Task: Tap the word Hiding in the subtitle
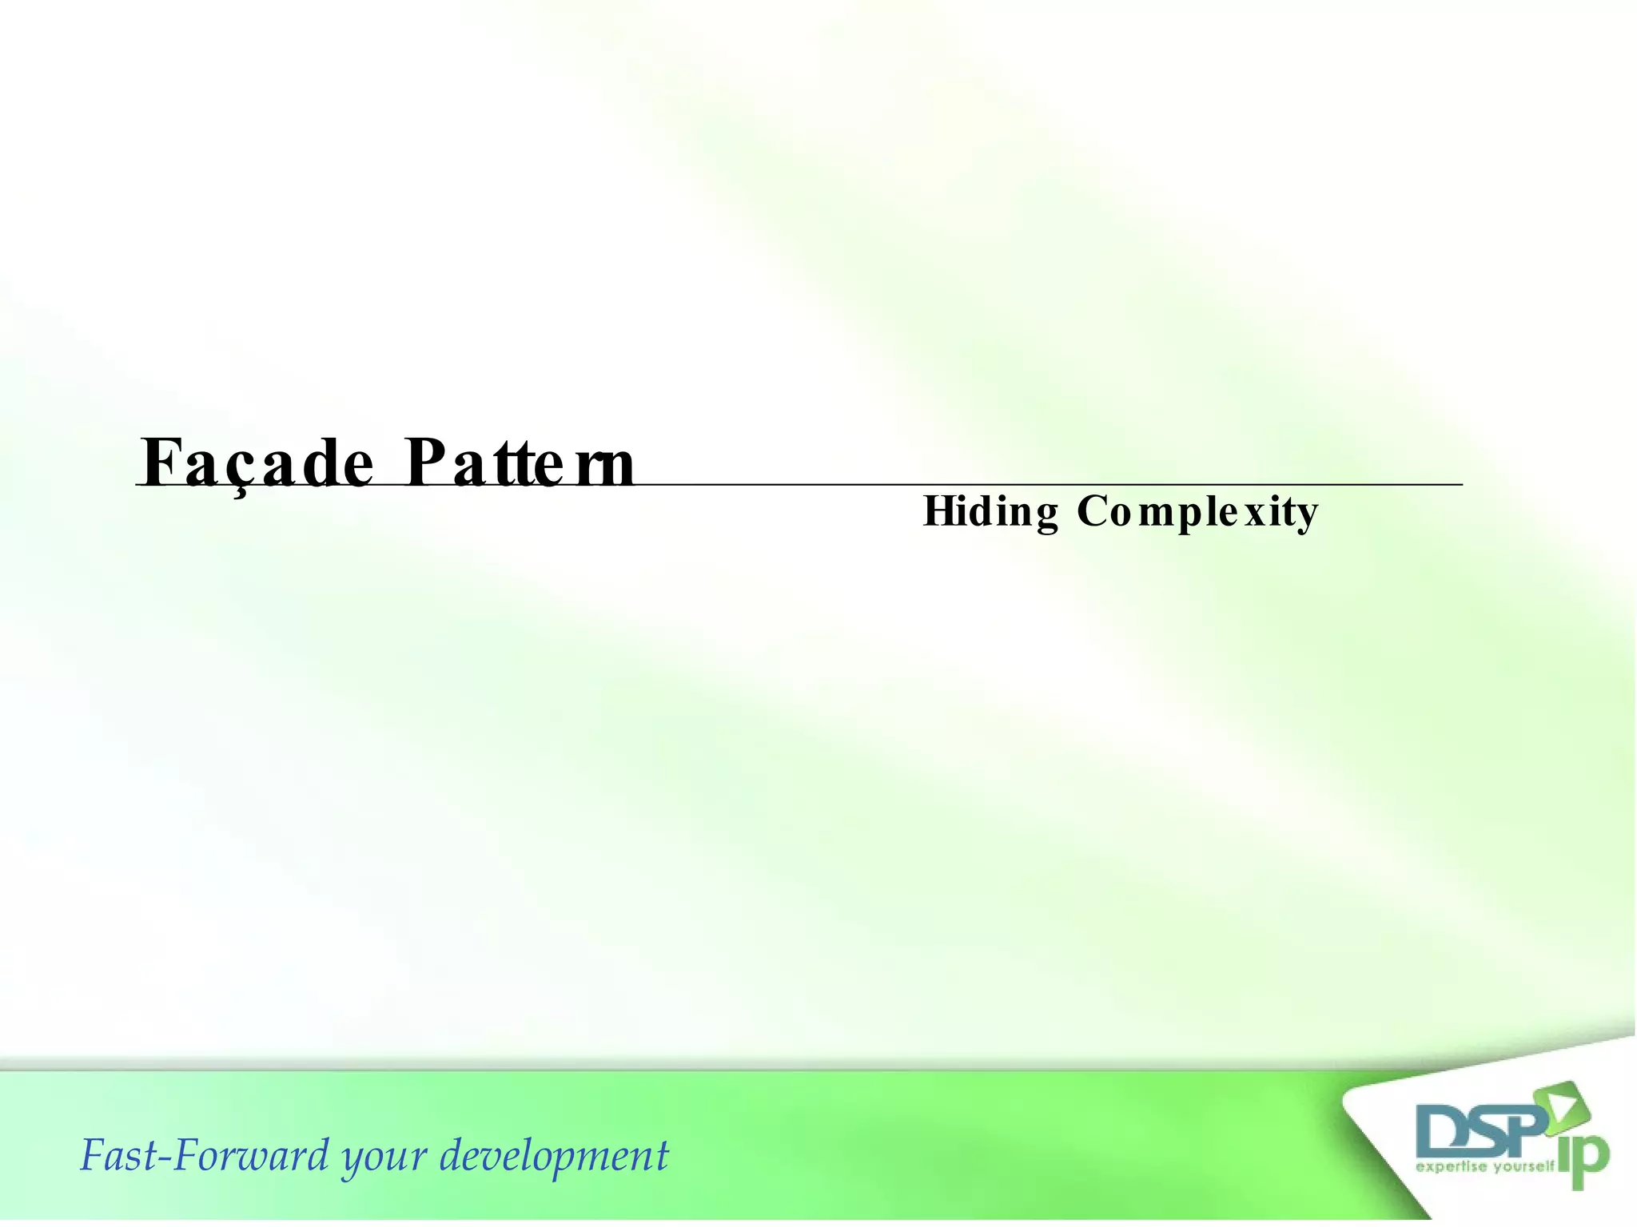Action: tap(990, 512)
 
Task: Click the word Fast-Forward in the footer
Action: tap(205, 1155)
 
